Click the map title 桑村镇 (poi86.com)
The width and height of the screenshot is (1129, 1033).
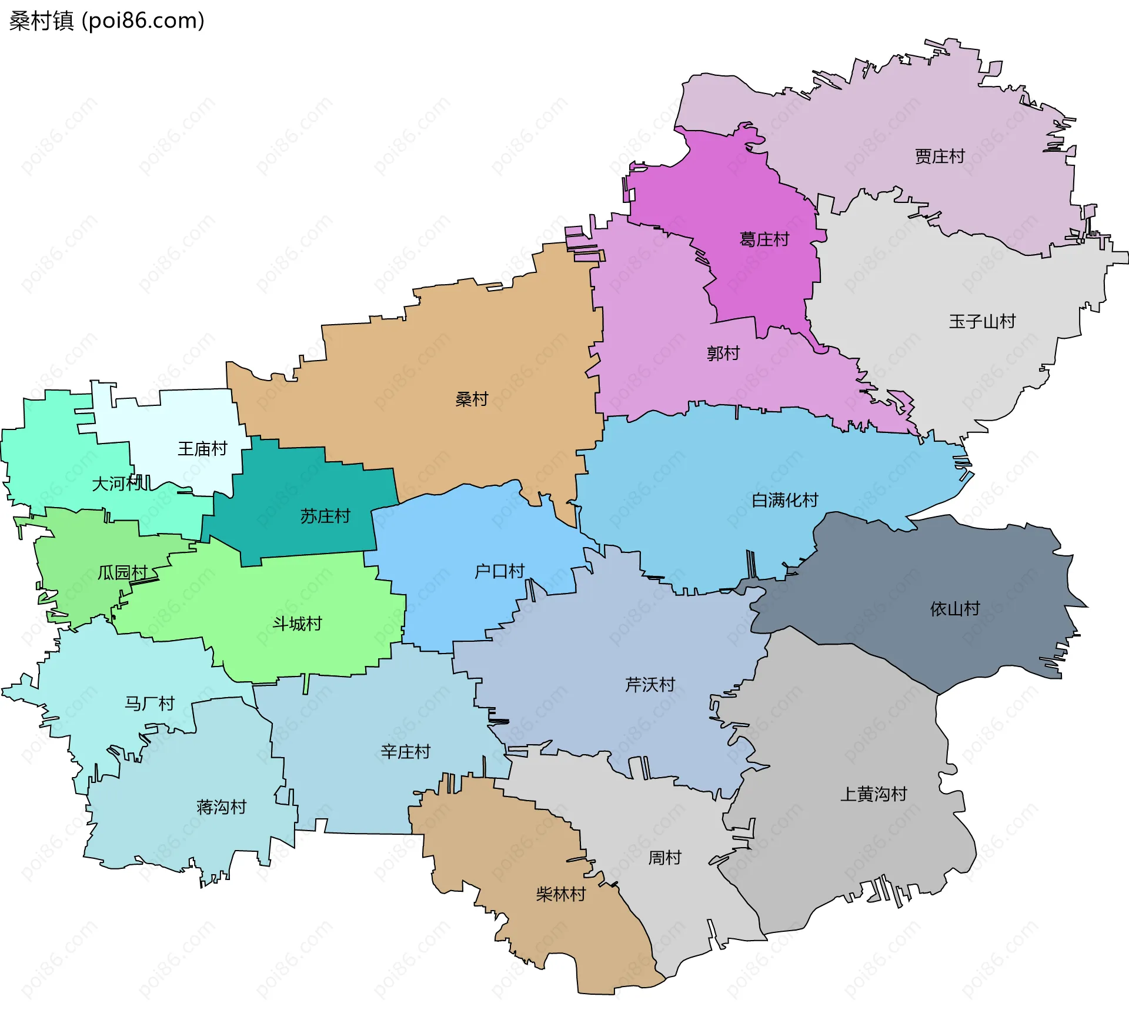point(106,21)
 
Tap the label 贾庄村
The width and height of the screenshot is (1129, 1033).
point(940,156)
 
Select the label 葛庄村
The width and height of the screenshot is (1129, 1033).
point(764,239)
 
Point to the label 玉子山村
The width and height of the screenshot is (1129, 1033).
point(982,321)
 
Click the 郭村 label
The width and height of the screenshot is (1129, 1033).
point(723,354)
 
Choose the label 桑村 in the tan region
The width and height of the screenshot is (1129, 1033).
point(472,399)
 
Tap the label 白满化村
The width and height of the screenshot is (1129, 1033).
point(785,500)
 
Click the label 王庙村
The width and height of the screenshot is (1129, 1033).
point(202,449)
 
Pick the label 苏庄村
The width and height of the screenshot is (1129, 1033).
point(325,516)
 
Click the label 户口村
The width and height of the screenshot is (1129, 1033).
point(499,571)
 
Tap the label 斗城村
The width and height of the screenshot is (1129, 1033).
point(297,624)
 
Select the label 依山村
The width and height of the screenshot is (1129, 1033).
point(955,609)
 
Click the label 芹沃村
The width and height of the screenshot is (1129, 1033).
point(650,685)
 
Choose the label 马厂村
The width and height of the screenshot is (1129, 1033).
point(149,704)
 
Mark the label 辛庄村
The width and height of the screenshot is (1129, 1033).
point(405,752)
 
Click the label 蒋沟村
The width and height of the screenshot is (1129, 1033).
point(221,807)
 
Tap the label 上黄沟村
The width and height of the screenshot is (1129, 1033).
point(873,794)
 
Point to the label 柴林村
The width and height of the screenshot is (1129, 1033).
point(561,895)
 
